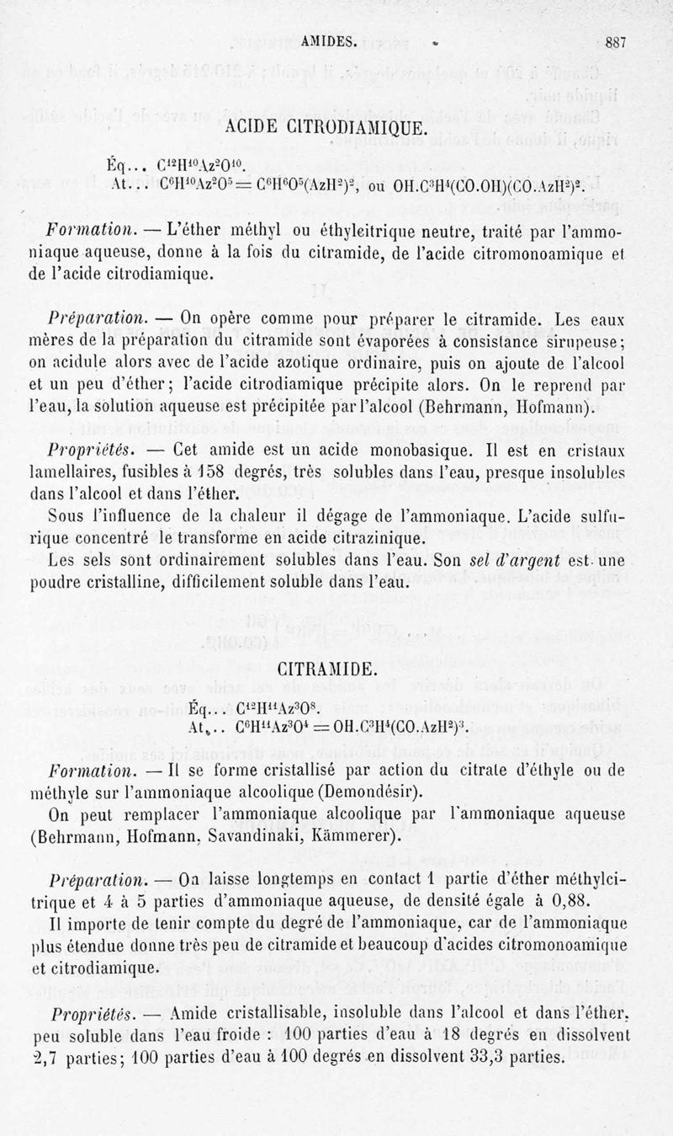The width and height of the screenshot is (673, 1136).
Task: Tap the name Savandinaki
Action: tap(276, 837)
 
